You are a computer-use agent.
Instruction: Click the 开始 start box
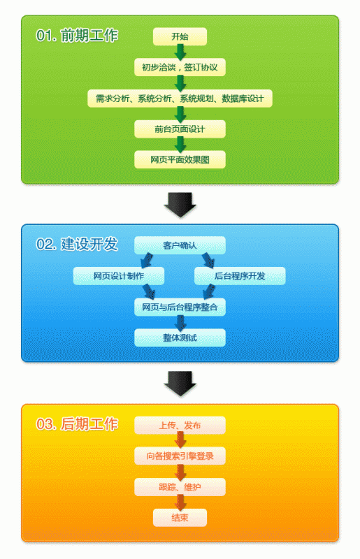(180, 36)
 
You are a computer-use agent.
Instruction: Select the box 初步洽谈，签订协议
(180, 67)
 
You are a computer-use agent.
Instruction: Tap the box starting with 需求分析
(180, 99)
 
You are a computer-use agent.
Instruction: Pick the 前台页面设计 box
(180, 129)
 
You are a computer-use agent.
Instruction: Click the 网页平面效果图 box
(180, 160)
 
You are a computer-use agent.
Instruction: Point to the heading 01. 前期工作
(77, 36)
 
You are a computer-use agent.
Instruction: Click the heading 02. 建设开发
(77, 244)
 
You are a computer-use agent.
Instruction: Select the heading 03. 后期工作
(77, 424)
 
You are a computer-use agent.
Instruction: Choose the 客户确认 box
(180, 245)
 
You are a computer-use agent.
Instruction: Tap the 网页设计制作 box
(119, 276)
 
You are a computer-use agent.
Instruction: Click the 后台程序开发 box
(240, 276)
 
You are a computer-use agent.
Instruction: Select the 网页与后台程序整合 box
(180, 307)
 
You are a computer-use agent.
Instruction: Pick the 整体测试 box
(180, 337)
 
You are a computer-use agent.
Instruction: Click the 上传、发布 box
(180, 426)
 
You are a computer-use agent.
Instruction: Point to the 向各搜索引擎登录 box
(180, 456)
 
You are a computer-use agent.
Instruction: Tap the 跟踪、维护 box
(180, 487)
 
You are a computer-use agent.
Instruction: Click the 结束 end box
(180, 518)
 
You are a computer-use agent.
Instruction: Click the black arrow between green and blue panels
(180, 205)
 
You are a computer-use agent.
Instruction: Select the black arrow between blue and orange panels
(180, 384)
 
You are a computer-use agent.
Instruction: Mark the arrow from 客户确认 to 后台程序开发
(208, 261)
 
